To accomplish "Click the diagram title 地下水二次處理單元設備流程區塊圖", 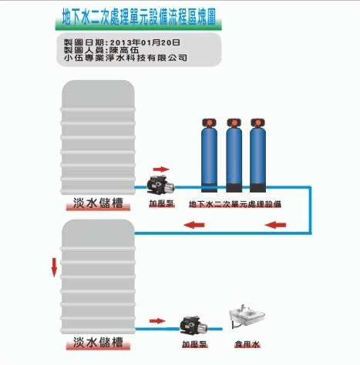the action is click(139, 17).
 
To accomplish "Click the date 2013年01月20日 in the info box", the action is click(145, 42).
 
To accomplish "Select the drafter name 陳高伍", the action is click(124, 50).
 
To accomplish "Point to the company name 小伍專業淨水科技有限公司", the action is click(125, 58).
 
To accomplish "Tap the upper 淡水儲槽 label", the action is click(98, 203).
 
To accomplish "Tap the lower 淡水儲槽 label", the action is click(98, 342).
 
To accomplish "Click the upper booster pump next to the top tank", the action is click(160, 185).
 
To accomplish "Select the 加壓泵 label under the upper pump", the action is click(162, 204).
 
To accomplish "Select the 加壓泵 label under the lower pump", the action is click(194, 344).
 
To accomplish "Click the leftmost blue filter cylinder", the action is click(209, 156).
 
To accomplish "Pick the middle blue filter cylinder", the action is click(234, 156).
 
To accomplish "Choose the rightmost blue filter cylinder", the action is click(257, 156).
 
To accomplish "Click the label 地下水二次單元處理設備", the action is click(235, 204).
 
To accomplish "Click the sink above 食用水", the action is click(247, 316).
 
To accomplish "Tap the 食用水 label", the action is click(247, 344).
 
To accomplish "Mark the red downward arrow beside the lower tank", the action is click(54, 267).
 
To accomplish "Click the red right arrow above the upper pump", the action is click(161, 169).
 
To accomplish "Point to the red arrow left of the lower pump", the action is click(157, 321).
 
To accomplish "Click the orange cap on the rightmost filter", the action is click(257, 122).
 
